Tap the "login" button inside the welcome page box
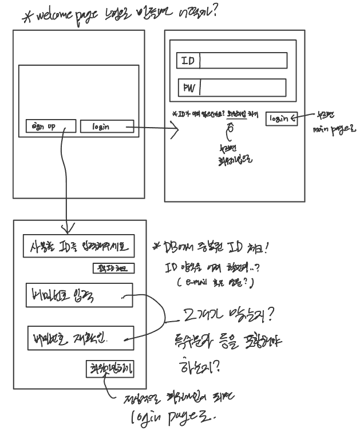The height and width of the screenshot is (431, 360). tap(107, 126)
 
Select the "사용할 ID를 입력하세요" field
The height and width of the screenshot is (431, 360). tap(80, 247)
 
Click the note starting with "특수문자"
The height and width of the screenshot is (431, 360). tap(227, 342)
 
